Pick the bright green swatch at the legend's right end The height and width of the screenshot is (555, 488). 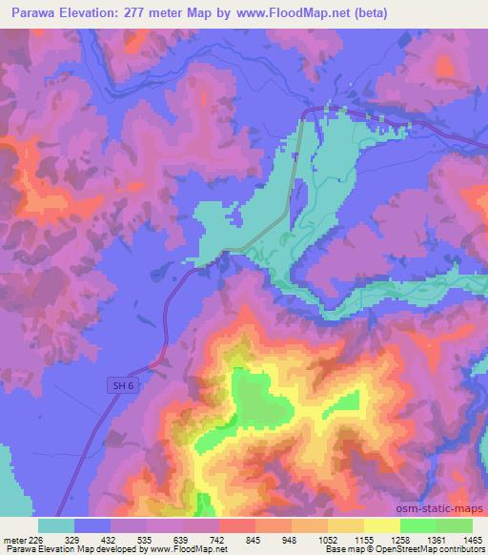pyautogui.click(x=454, y=525)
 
